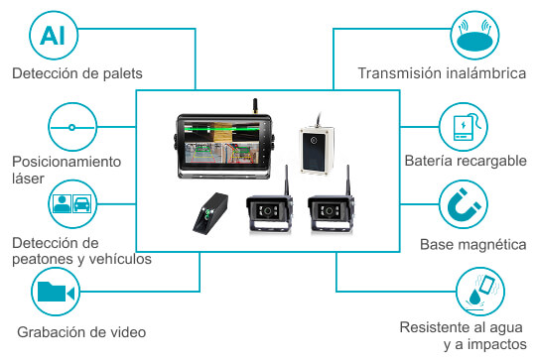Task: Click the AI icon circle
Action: pyautogui.click(x=54, y=36)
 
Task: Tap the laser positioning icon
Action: pyautogui.click(x=72, y=127)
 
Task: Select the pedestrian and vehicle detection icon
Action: pyautogui.click(x=72, y=204)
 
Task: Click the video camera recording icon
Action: pyautogui.click(x=56, y=292)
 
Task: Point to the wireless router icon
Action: pyautogui.click(x=474, y=36)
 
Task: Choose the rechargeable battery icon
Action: pyautogui.click(x=464, y=127)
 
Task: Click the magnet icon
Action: pyautogui.click(x=464, y=204)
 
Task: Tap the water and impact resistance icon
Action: pyautogui.click(x=480, y=292)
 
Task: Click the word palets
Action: pyautogui.click(x=123, y=73)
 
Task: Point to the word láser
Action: pyautogui.click(x=28, y=179)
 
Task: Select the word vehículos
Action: pyautogui.click(x=124, y=259)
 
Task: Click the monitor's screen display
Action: pyautogui.click(x=222, y=143)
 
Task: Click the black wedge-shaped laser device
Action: pyautogui.click(x=210, y=214)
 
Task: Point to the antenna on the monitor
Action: pyautogui.click(x=255, y=106)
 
